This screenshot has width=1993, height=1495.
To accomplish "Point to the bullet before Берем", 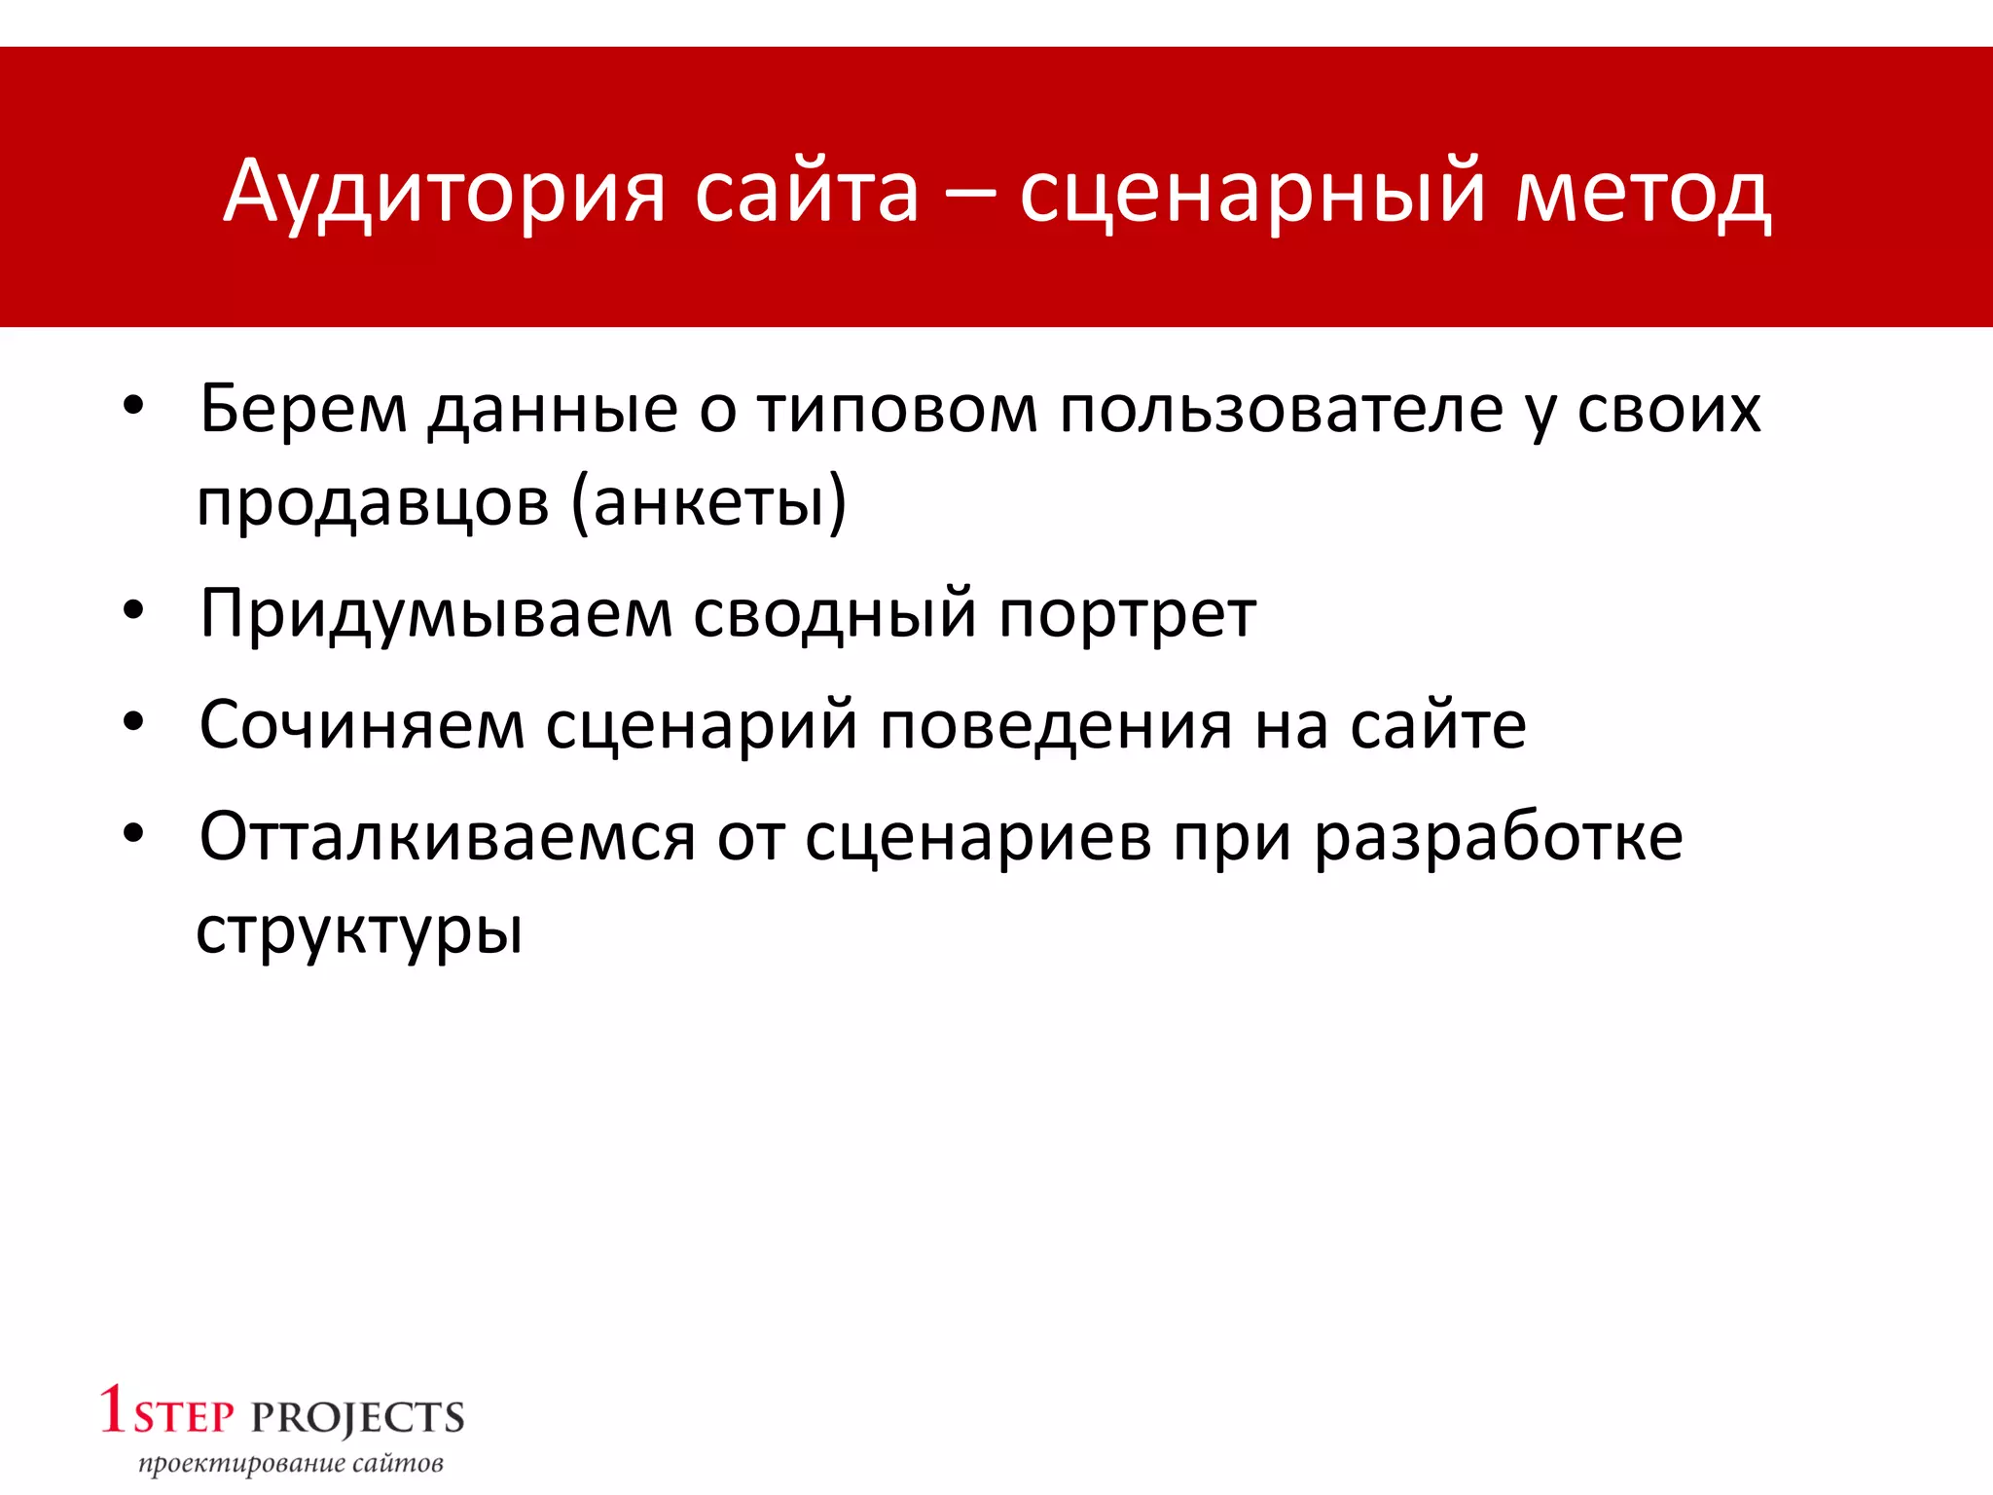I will (134, 406).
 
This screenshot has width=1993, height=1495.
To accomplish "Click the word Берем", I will (303, 409).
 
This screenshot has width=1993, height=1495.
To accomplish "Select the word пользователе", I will (1282, 409).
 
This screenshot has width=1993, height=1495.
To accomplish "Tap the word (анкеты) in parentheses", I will (709, 503).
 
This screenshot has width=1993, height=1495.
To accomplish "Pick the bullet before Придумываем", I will (134, 611).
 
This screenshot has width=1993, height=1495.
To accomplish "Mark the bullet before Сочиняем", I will (134, 722).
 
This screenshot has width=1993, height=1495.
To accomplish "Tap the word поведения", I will (1057, 726).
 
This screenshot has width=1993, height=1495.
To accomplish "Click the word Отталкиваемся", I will (448, 837).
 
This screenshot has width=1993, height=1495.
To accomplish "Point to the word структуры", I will (359, 932).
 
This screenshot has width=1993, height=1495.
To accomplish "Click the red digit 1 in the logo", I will (113, 1409).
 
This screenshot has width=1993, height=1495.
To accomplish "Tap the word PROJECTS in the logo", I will (358, 1418).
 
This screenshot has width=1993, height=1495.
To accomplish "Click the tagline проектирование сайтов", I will (290, 1464).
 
